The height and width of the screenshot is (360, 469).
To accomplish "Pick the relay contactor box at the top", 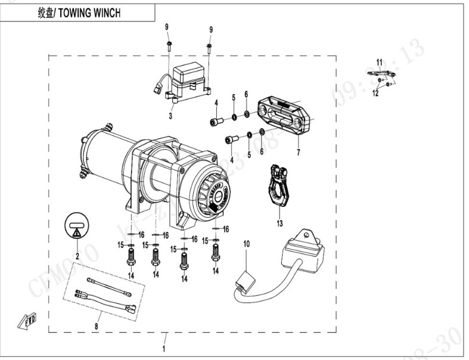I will [x=188, y=80].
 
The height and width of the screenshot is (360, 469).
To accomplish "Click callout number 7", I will [x=299, y=153].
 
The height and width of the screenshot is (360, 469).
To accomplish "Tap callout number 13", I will [x=279, y=224].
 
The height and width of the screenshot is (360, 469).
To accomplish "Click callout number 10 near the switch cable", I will [x=247, y=244].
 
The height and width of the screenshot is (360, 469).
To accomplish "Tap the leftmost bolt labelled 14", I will [x=131, y=258].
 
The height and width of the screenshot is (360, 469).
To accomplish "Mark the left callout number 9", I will [x=167, y=26].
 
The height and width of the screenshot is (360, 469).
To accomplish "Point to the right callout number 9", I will [x=210, y=29].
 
